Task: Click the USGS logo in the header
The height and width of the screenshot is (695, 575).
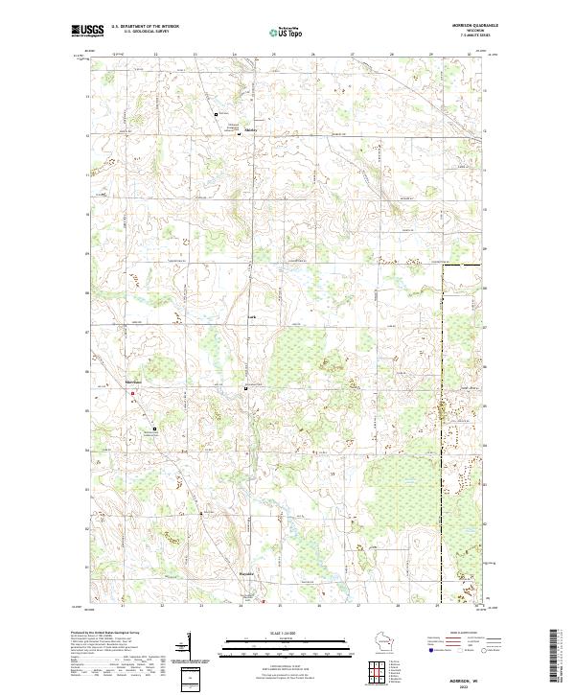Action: coord(87,32)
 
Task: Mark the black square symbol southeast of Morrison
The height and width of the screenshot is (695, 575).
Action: coord(155,429)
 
